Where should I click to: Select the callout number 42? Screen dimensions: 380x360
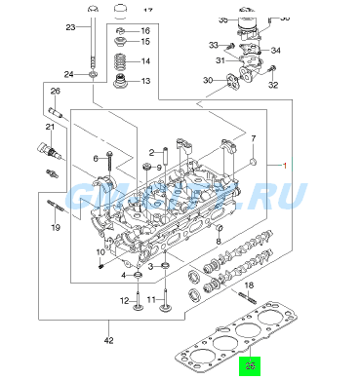[x=109, y=340]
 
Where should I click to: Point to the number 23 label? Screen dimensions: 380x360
[x=70, y=27]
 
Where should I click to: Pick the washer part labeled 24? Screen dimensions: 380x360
[x=92, y=74]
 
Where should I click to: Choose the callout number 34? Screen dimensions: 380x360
[x=275, y=51]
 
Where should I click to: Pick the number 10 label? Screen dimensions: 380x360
[x=100, y=252]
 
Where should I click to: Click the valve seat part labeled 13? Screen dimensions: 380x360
[x=120, y=81]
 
